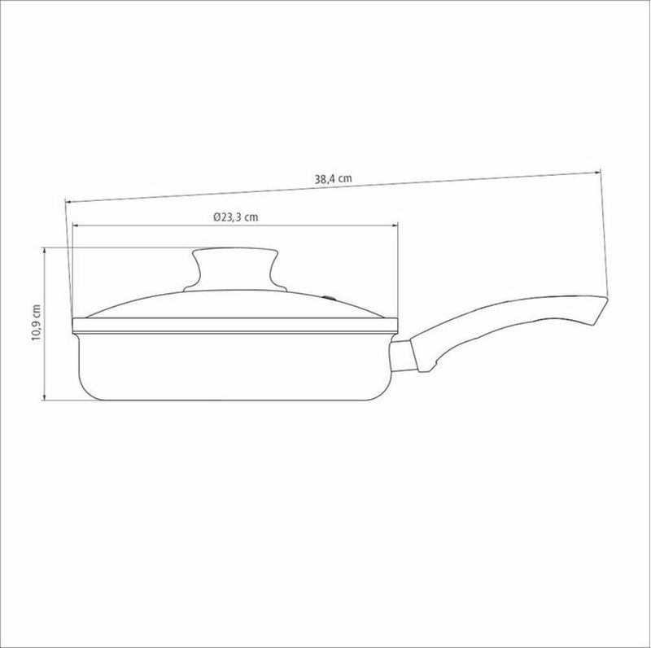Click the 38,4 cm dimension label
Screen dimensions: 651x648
coord(333,179)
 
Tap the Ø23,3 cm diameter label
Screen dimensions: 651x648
coord(235,217)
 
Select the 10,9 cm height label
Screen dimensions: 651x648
coord(36,322)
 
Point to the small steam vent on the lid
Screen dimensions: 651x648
coord(329,297)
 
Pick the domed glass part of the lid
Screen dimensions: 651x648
coord(235,304)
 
